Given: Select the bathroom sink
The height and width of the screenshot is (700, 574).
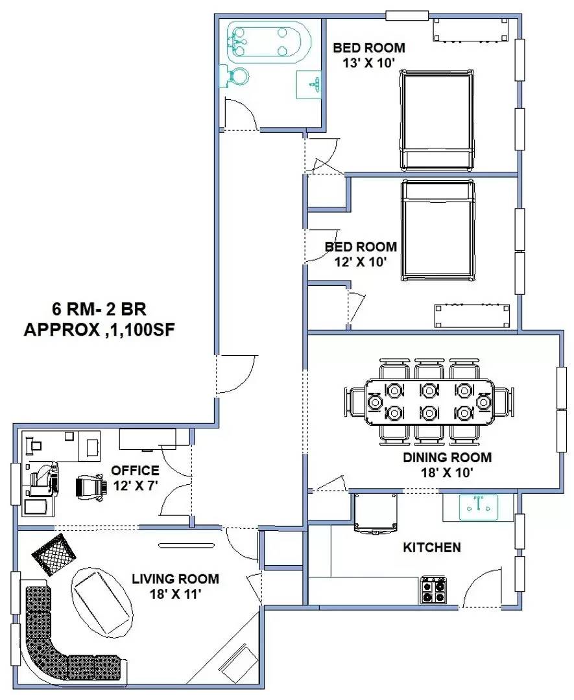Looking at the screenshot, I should coord(309,84).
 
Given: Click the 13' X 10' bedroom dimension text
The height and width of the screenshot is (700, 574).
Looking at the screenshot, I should coord(369,62).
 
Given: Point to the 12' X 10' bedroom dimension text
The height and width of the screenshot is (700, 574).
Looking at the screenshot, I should coord(361,262).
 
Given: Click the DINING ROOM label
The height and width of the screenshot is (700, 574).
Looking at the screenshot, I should coord(447,457).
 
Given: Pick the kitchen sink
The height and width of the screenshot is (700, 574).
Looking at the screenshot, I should coord(479,507).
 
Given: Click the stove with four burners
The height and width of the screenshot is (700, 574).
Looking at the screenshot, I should coord(433,590).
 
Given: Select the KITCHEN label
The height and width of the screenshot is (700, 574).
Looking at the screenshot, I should coord(432,548).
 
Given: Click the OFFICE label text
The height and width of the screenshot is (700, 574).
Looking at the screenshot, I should coord(135,470).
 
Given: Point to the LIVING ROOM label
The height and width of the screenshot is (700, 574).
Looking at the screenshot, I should coord(175,579).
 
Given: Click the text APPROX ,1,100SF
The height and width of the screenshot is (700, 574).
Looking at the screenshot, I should coord(100,329).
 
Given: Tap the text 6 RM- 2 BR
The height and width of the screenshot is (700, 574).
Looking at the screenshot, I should coord(101,308).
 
